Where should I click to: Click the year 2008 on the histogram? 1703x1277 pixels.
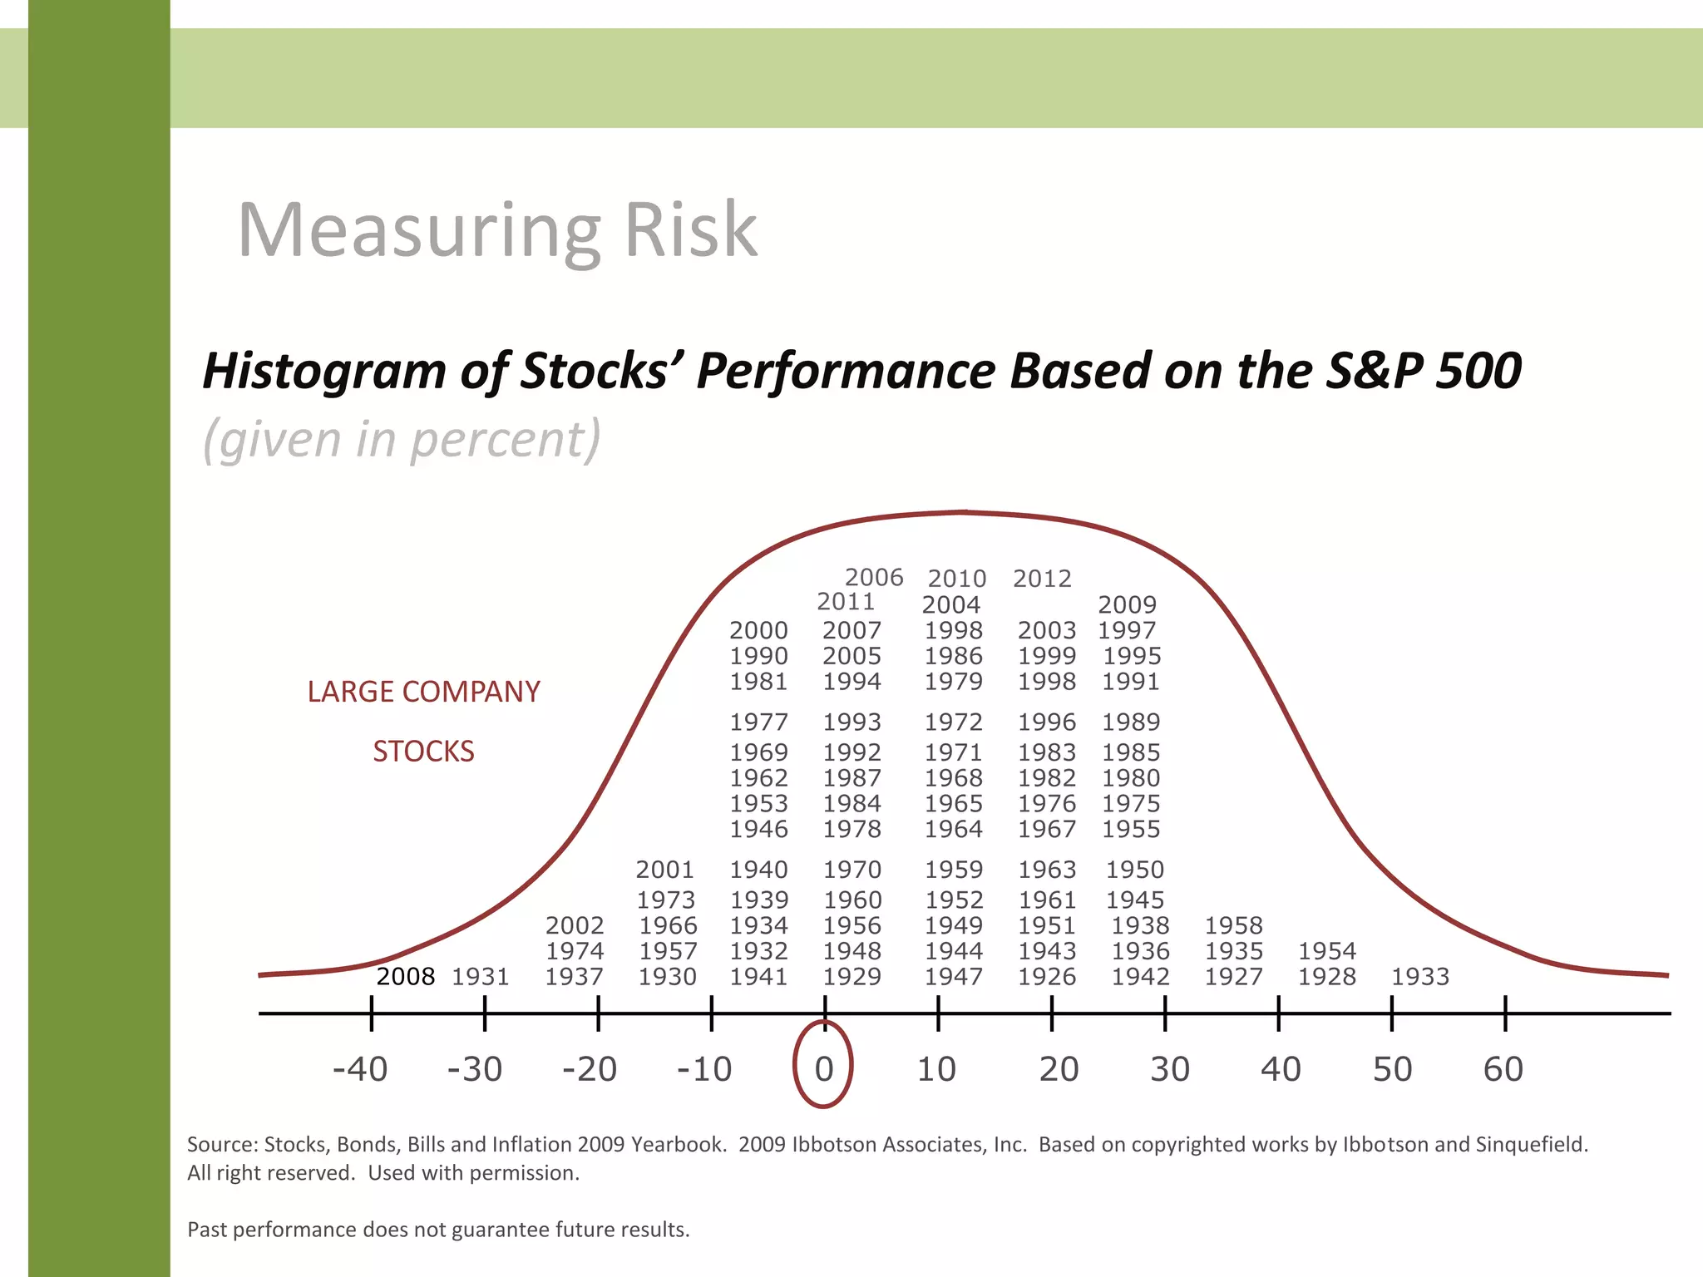[x=405, y=976]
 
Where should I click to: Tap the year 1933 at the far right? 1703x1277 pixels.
[x=1420, y=976]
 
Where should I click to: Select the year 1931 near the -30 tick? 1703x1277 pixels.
[x=480, y=976]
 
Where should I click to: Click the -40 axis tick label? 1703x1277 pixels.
[x=359, y=1069]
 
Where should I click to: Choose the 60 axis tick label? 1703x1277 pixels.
[x=1503, y=1069]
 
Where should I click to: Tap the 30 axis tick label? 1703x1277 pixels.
[x=1169, y=1069]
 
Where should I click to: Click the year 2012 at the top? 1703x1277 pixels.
[x=1042, y=579]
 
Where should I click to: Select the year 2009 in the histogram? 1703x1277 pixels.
[x=1127, y=604]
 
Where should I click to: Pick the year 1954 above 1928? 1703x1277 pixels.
[x=1327, y=950]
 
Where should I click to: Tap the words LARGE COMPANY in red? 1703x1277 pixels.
[x=423, y=692]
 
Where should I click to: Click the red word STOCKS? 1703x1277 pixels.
[x=423, y=752]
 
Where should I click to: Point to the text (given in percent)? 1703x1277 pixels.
[x=402, y=439]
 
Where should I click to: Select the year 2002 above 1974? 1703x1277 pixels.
[x=575, y=925]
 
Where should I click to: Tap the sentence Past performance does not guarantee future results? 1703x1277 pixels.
[x=438, y=1230]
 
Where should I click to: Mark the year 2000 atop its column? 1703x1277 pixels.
[x=758, y=630]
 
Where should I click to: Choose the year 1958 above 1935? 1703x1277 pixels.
[x=1233, y=925]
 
